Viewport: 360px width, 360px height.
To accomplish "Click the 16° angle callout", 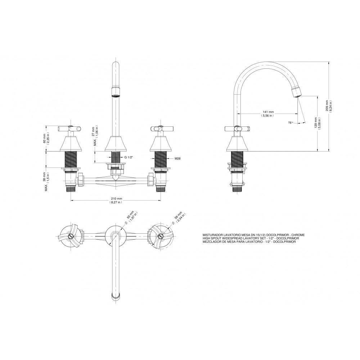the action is pos(291,123).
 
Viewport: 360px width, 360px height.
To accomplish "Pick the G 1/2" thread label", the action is pos(129,158).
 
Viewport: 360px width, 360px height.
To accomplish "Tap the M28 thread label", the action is pos(177,158).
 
